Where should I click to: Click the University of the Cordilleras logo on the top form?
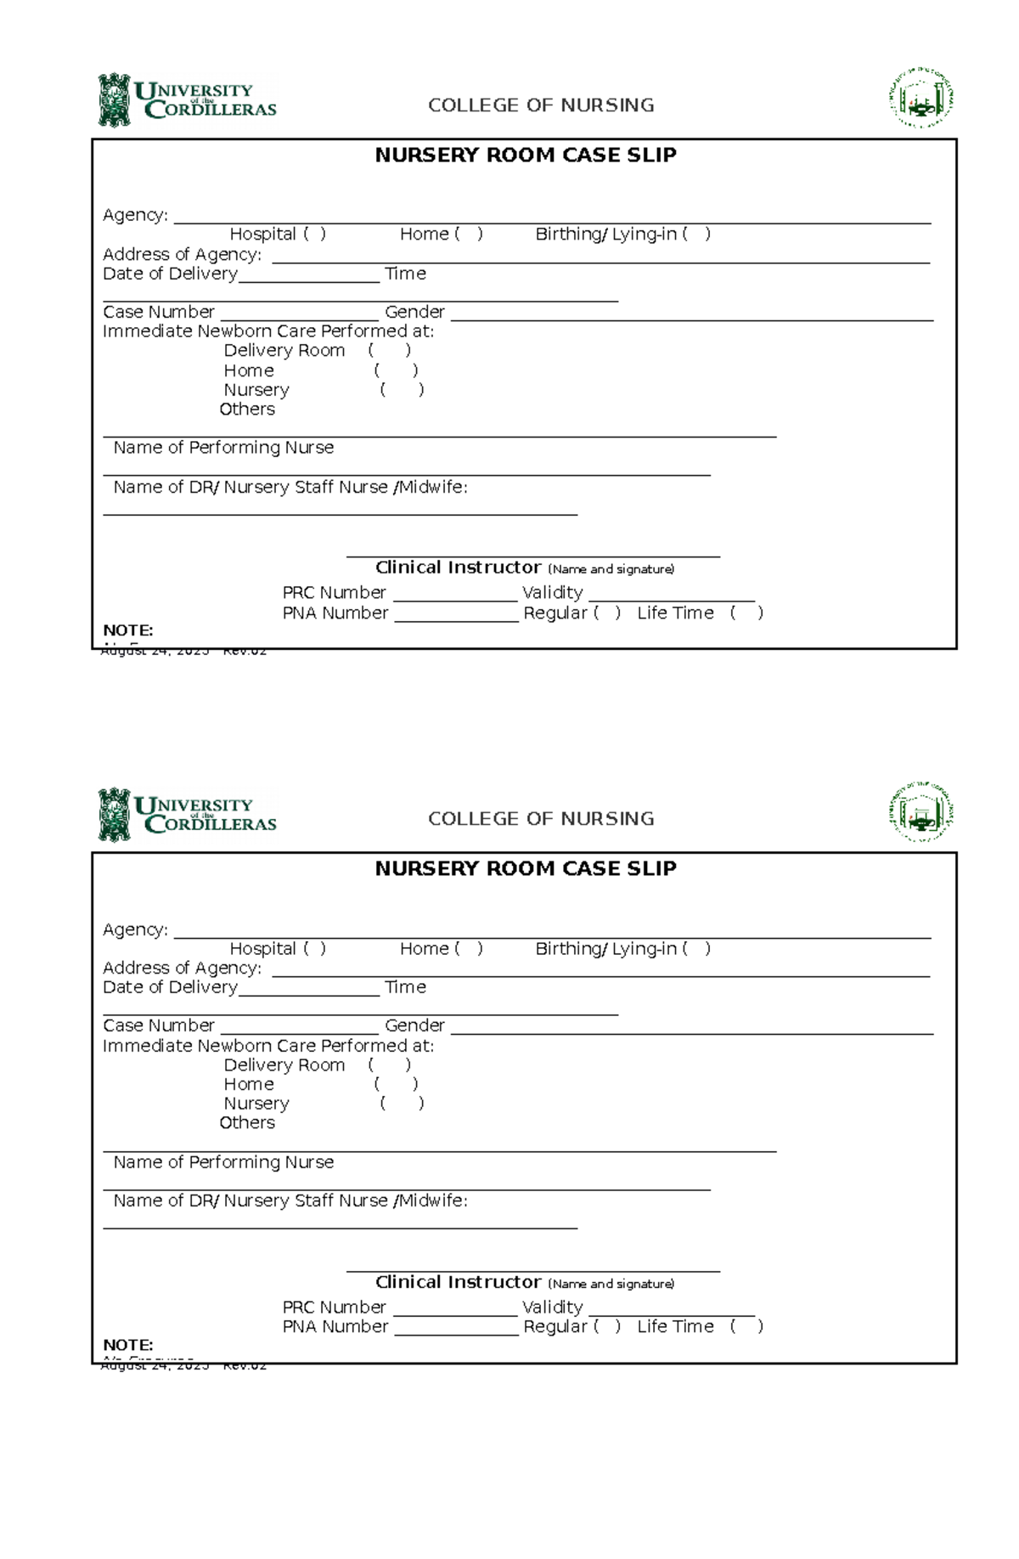coord(188,100)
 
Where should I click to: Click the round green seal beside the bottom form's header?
coord(921,813)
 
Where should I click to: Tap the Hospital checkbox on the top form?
coord(314,234)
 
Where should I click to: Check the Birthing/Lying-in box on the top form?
coord(695,234)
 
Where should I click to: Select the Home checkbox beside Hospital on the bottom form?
coord(469,948)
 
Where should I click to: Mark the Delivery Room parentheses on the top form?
coord(390,350)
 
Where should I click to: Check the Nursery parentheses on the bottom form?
coord(402,1103)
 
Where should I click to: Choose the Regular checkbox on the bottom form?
coord(607,1326)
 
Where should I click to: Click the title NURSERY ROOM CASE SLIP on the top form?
coord(526,155)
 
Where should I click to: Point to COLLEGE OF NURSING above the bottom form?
coord(541,818)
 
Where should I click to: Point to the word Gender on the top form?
coord(414,312)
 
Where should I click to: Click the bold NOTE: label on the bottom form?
coord(128,1344)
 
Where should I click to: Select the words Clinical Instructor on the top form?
coord(458,568)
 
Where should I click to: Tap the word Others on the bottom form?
coord(247,1122)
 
